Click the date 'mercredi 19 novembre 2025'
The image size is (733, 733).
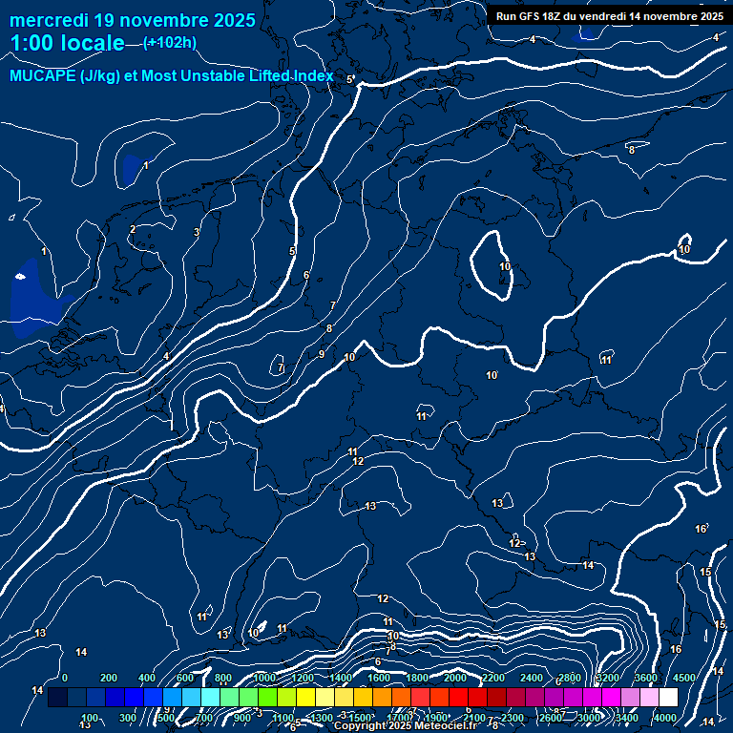point(133,20)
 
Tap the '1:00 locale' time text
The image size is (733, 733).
point(67,43)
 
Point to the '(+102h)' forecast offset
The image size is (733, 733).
point(169,42)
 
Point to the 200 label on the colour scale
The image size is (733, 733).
point(108,678)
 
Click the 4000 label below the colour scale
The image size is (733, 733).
point(664,718)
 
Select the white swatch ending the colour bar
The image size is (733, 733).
point(668,698)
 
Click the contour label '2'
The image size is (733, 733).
point(133,229)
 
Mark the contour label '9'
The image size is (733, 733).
point(322,354)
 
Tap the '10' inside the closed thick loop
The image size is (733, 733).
point(505,266)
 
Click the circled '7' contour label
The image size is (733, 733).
point(280,366)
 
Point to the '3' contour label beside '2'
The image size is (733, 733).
point(197,232)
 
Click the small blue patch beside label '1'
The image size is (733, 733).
point(131,169)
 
